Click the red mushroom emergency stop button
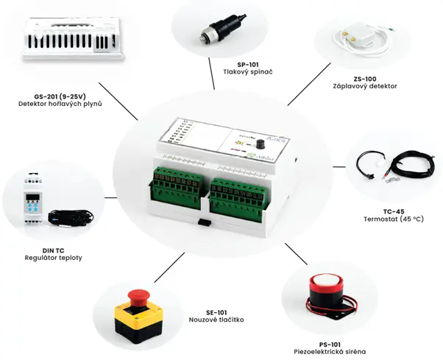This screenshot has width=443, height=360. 135,297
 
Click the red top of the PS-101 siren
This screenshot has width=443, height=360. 326,280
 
